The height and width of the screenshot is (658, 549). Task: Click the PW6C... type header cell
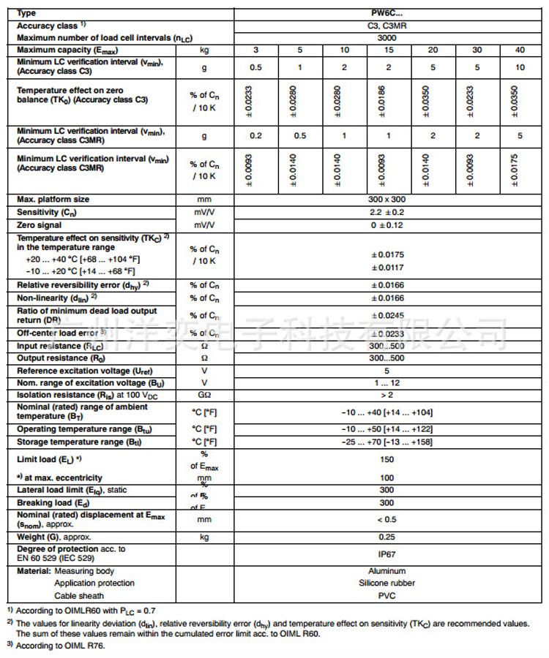coord(387,13)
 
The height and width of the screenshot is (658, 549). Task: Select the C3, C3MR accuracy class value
coord(387,25)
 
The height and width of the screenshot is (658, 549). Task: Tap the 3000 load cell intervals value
coord(387,37)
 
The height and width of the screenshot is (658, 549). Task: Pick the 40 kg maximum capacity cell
coord(519,50)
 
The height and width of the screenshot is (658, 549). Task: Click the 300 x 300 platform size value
coord(387,199)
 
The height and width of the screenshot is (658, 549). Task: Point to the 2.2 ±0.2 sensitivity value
coord(387,212)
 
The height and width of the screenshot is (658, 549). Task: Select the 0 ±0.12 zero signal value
coord(387,225)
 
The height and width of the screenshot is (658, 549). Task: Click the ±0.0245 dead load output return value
coord(387,316)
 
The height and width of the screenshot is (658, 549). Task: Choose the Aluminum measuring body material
coord(387,571)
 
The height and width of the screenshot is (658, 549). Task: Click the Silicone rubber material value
coord(387,583)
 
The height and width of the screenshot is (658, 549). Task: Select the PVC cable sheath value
coord(387,596)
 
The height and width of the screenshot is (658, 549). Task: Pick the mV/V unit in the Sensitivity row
coord(204,212)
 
